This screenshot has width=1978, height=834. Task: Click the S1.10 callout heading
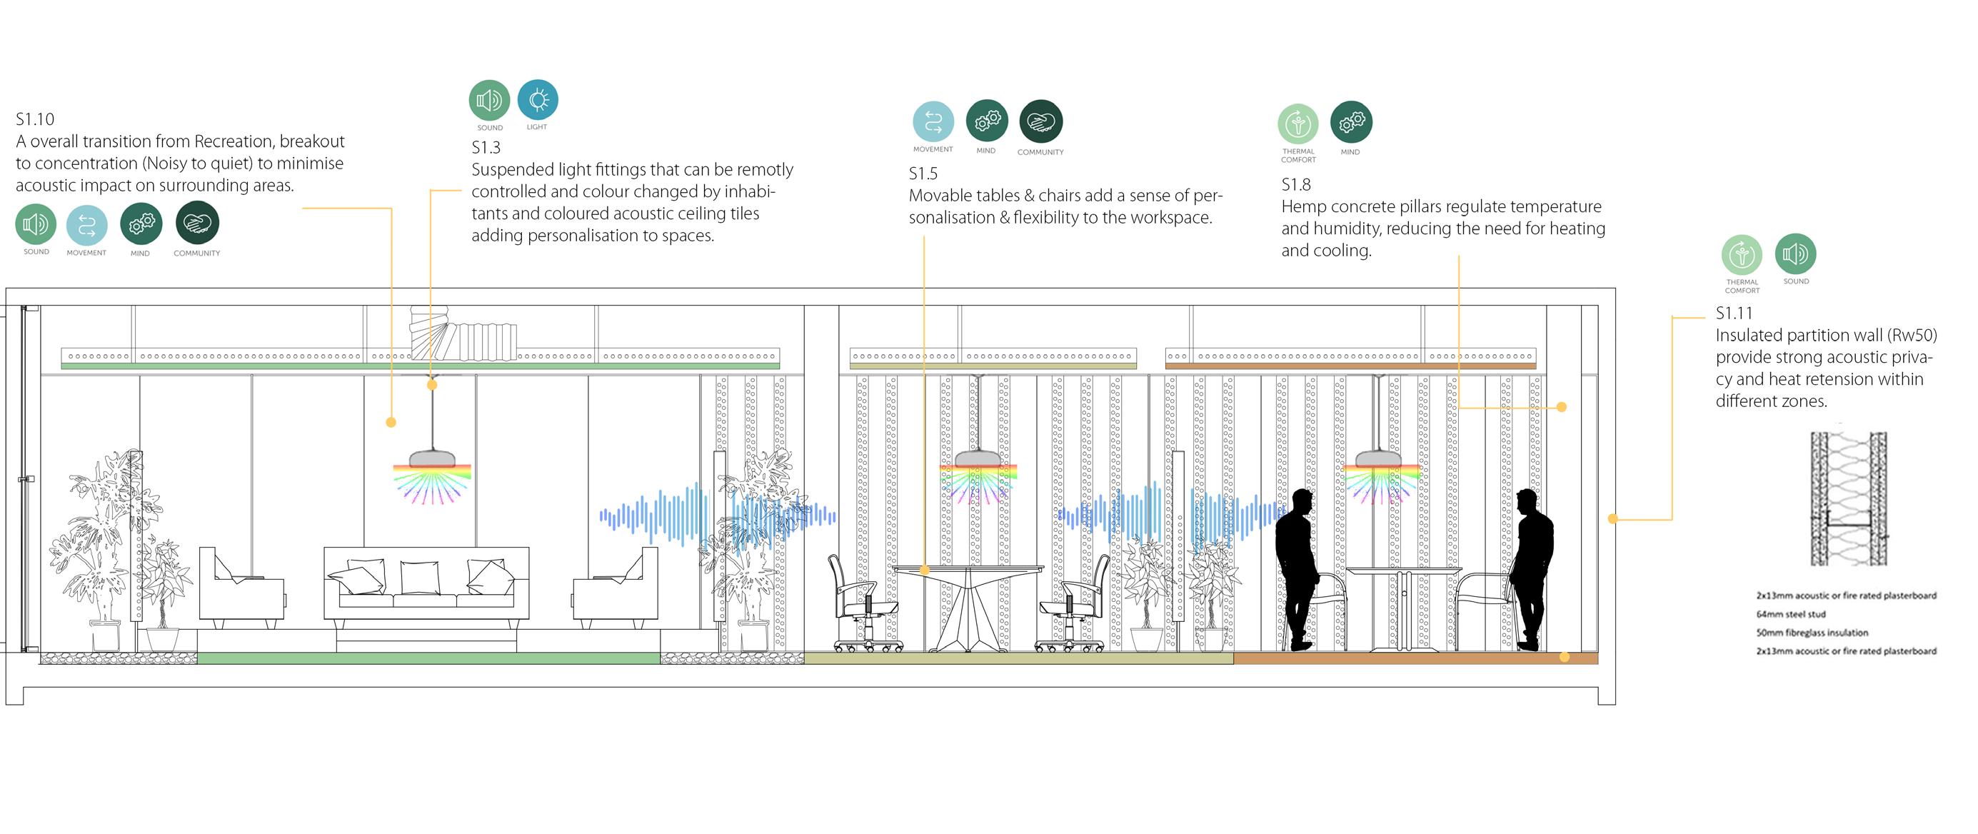(34, 119)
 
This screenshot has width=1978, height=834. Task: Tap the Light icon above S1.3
(538, 100)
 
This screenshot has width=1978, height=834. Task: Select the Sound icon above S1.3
(489, 101)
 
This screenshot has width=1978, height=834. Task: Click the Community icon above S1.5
(1040, 121)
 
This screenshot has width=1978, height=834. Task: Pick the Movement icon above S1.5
(933, 122)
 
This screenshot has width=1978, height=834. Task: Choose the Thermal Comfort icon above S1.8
(1297, 124)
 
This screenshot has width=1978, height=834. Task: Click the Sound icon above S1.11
(1795, 253)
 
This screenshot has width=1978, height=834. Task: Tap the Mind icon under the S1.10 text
(141, 224)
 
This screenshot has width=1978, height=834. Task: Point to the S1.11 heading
(1734, 313)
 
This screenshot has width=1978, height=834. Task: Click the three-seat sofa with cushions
(426, 583)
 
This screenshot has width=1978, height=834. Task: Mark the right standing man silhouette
(1534, 568)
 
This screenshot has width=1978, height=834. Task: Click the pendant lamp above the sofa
(432, 459)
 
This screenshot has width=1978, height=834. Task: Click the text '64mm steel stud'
(1791, 614)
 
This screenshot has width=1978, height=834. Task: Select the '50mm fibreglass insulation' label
(1812, 633)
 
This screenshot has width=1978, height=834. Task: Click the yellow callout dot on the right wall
(1612, 519)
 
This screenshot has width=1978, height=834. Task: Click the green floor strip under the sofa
(428, 658)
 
